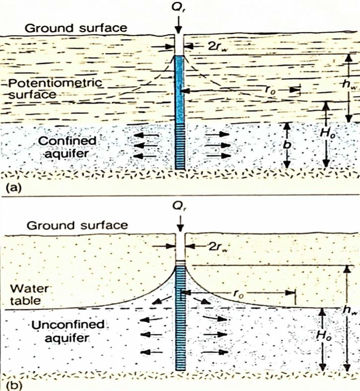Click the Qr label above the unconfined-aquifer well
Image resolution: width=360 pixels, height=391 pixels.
click(x=180, y=209)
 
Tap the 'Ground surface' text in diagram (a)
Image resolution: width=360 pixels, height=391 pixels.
click(x=76, y=28)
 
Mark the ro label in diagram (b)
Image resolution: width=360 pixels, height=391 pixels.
click(x=238, y=294)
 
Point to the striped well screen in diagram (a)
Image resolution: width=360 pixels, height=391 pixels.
click(x=180, y=146)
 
